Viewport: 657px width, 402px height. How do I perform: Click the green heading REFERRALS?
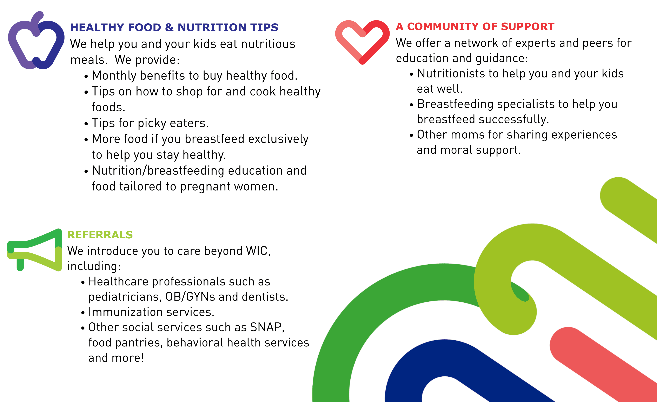click(x=100, y=235)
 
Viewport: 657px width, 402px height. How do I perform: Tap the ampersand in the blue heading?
click(x=169, y=27)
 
